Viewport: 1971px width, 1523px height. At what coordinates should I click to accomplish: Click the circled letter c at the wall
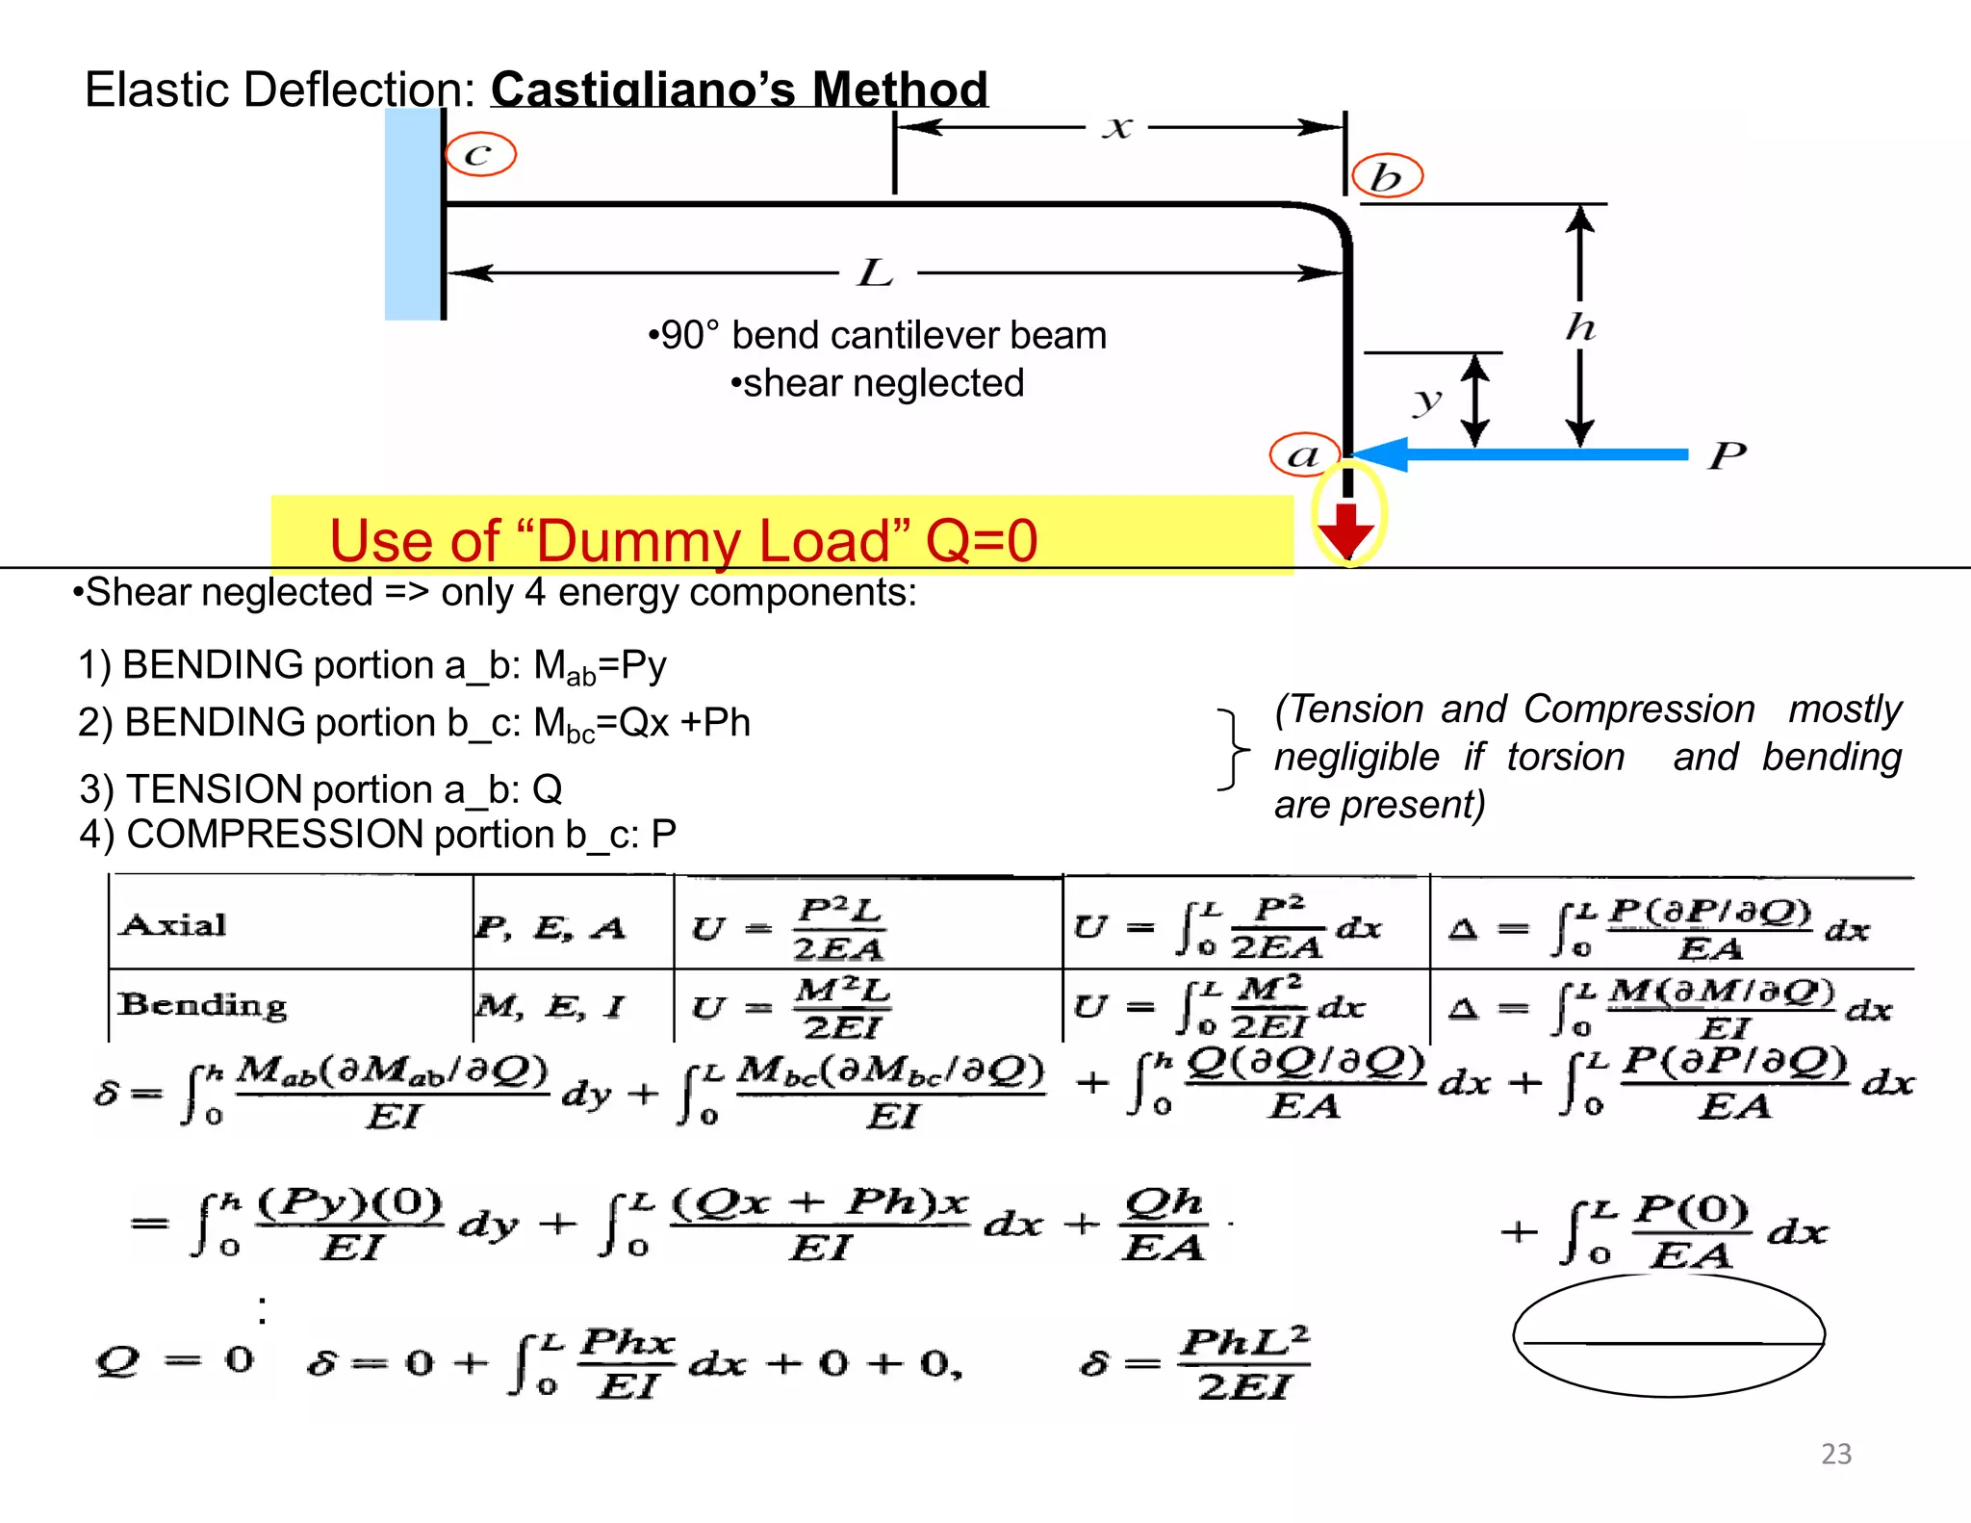click(x=480, y=154)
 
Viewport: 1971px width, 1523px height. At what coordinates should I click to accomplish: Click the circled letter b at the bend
click(x=1387, y=176)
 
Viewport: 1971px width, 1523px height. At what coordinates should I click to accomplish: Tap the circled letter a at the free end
click(x=1304, y=455)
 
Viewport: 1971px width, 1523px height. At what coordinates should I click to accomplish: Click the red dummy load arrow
click(x=1346, y=528)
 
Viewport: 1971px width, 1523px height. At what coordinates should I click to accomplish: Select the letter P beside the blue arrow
click(x=1728, y=454)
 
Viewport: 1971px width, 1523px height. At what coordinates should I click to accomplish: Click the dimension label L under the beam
click(x=876, y=272)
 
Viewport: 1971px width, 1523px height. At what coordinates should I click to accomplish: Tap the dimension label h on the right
click(x=1580, y=327)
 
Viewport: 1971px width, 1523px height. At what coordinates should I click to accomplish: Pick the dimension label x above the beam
click(x=1116, y=127)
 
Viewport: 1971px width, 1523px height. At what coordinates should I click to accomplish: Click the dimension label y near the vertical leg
click(x=1427, y=400)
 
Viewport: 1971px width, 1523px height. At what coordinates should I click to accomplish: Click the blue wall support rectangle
click(x=412, y=214)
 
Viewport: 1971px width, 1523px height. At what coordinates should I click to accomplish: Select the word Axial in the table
click(x=174, y=925)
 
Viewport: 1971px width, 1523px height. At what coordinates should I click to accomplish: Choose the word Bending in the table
click(x=202, y=1005)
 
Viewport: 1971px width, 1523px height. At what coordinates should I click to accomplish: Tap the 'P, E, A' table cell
click(x=550, y=927)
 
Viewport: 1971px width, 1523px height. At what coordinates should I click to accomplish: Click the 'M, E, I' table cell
click(x=550, y=1007)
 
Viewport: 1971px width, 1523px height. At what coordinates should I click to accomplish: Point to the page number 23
click(x=1836, y=1454)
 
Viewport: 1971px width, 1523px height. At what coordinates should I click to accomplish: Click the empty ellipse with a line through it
click(x=1669, y=1335)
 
